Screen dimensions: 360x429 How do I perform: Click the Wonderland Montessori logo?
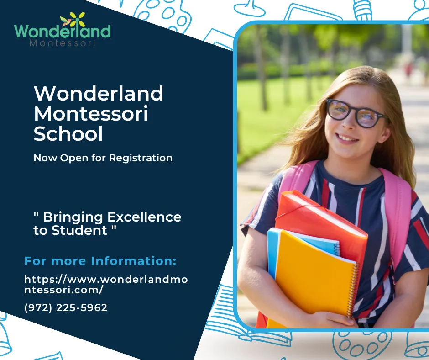(x=63, y=31)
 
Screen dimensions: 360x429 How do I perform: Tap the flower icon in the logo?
(x=73, y=20)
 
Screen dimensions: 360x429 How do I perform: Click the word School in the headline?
(x=68, y=133)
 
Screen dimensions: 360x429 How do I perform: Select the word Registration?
(x=141, y=158)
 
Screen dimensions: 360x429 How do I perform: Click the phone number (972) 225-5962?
(x=66, y=308)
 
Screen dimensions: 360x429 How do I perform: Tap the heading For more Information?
(x=100, y=261)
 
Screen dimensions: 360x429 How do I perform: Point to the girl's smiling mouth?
(x=348, y=138)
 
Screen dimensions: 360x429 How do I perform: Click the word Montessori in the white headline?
(x=91, y=114)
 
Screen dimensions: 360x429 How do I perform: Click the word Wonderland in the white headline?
(x=99, y=94)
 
